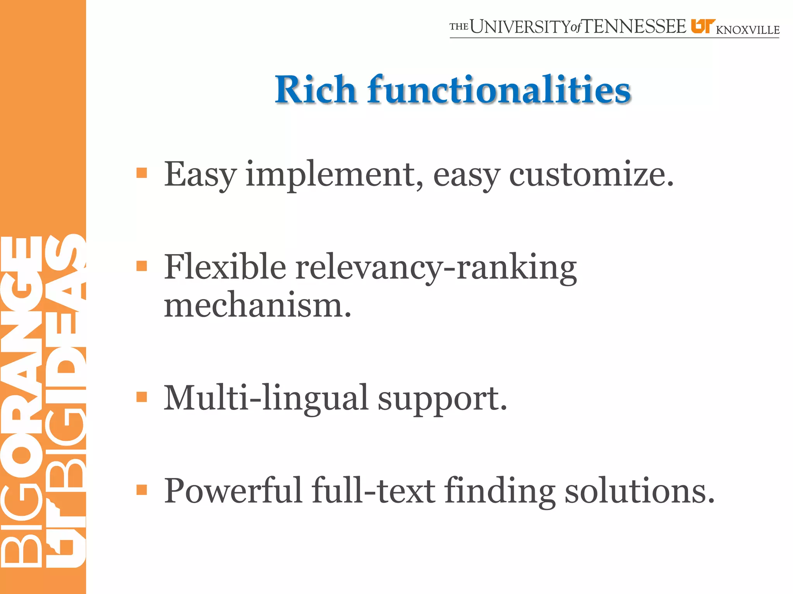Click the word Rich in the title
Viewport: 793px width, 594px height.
[315, 90]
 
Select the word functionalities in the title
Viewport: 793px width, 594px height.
[499, 90]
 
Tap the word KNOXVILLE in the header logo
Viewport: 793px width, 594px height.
[748, 30]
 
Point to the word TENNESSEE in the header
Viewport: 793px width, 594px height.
[635, 27]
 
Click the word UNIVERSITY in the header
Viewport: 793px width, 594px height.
[520, 27]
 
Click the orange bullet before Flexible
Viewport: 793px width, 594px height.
[142, 266]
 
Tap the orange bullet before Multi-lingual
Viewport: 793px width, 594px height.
[142, 397]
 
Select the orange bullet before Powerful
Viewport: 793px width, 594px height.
[142, 490]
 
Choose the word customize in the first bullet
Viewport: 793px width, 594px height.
[591, 175]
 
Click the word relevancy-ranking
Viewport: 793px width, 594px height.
[436, 268]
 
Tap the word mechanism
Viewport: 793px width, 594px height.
[257, 306]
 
